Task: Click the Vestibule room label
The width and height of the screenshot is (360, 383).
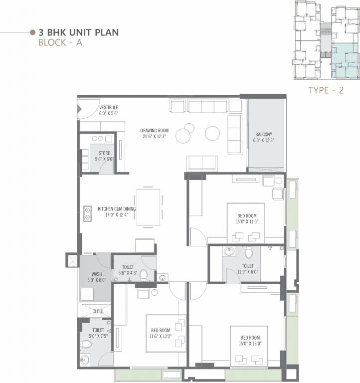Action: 109,110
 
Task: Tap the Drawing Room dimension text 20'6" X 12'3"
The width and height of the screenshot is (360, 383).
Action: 155,137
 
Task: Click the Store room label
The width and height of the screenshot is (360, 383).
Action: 104,156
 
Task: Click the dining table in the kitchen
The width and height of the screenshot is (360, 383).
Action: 148,207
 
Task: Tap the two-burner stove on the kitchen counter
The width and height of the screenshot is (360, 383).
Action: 87,213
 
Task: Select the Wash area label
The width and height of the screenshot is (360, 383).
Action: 97,277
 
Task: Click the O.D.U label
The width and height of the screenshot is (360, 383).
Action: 98,311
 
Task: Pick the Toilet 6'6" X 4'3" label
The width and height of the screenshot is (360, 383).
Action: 128,270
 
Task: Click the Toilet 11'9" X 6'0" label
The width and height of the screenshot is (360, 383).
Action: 248,269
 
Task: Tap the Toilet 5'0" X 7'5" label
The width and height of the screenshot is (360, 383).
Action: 98,333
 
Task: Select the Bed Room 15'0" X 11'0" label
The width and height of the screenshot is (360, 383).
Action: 247,218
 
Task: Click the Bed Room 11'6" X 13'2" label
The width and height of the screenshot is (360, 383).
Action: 161,333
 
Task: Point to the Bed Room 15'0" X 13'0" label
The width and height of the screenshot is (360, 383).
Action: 250,341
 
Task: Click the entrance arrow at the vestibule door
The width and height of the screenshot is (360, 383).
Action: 79,109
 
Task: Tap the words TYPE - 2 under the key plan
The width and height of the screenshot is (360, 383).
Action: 326,90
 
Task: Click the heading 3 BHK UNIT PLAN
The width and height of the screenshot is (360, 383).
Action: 79,32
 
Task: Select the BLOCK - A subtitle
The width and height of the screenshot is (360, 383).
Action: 60,42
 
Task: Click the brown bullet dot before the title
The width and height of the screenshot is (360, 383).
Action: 32,32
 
